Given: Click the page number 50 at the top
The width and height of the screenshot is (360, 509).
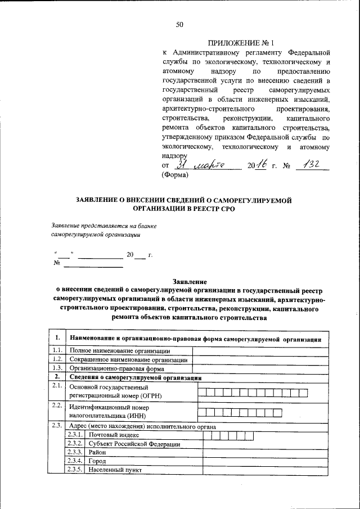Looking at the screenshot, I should coord(180,24).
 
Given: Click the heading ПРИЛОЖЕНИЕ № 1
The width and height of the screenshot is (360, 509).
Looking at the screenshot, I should coord(240,43).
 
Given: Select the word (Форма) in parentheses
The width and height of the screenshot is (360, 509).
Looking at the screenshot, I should coord(175,175).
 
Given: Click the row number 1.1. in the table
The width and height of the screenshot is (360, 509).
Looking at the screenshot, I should coord(57,350).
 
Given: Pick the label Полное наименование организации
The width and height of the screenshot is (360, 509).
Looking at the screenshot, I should coord(111,351).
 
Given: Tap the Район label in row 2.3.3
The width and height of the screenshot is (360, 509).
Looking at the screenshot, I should coord(98,453).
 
